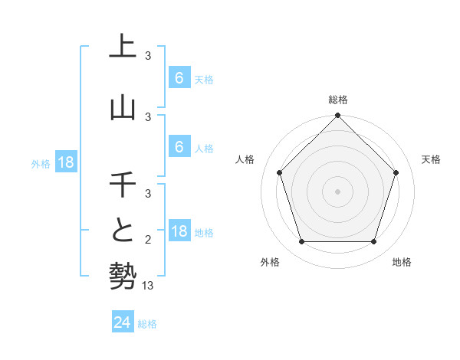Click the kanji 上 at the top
(123, 47)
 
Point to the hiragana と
(123, 231)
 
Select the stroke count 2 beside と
(148, 240)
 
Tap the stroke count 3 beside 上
(148, 56)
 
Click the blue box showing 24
(122, 323)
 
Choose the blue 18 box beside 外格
(65, 162)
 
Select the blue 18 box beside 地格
(179, 232)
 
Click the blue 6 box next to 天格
(179, 78)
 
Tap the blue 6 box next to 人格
(179, 148)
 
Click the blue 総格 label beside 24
(147, 324)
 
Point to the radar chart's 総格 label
(337, 100)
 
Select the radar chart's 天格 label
(431, 159)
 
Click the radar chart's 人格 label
(245, 159)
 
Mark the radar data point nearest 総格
(337, 116)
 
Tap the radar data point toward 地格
(374, 242)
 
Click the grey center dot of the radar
(337, 191)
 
